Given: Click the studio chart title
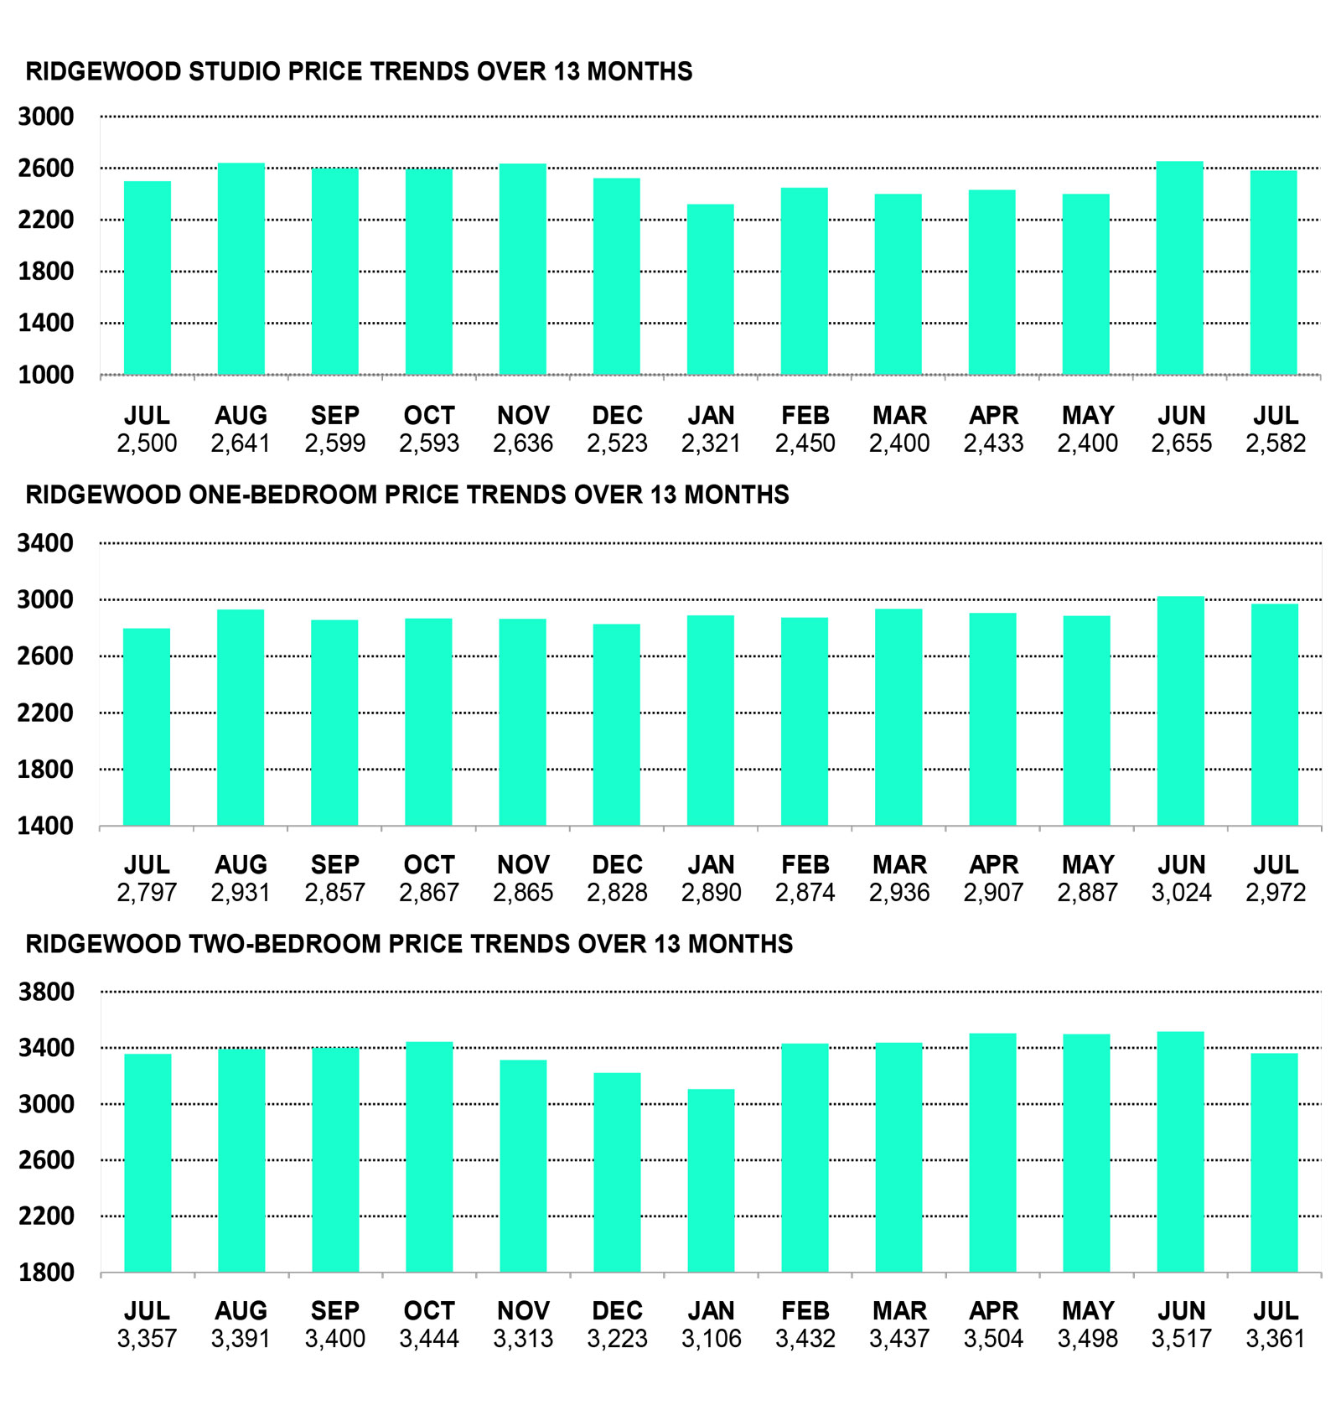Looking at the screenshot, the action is (x=359, y=71).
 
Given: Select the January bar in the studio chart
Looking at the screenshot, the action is (x=711, y=289).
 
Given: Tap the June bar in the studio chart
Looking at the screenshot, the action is (x=1180, y=268).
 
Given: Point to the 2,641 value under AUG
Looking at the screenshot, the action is (x=241, y=443).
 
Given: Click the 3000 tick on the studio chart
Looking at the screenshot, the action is (x=46, y=117).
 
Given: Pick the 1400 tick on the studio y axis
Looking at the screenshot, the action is (x=46, y=323).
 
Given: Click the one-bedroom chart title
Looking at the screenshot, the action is (x=407, y=495).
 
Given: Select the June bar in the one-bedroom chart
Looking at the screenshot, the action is (x=1181, y=711).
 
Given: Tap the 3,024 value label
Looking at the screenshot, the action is (x=1181, y=893).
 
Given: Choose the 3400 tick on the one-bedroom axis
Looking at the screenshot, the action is (x=46, y=543).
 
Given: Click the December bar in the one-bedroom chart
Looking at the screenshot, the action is (x=617, y=725).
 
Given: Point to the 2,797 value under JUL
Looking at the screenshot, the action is (x=147, y=893).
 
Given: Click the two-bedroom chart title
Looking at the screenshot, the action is (x=409, y=944).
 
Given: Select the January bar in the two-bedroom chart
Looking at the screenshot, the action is (x=712, y=1181).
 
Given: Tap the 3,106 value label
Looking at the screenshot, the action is (x=712, y=1339).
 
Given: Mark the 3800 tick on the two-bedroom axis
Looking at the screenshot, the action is (x=46, y=992).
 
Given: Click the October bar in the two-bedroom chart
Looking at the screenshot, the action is (x=429, y=1158).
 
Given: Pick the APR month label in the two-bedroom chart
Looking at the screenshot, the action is (x=993, y=1311).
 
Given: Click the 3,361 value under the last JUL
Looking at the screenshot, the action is (x=1276, y=1339).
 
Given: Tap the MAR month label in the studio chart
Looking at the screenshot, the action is (x=899, y=416).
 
